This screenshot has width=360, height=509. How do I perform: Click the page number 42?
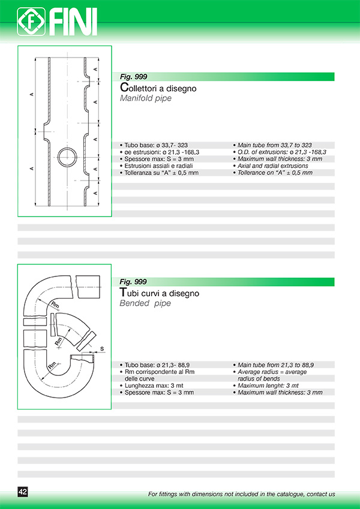(x=23, y=492)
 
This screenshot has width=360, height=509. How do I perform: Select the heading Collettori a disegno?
(x=158, y=88)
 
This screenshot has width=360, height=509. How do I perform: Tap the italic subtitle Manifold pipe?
(x=146, y=98)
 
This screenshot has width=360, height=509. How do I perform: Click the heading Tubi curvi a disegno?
(x=160, y=293)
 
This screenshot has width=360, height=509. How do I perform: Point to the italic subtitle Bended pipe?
(x=145, y=303)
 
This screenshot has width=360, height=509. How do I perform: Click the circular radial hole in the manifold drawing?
(x=65, y=158)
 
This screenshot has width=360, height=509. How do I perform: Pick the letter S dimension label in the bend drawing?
(x=101, y=348)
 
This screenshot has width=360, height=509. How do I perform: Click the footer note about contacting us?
(x=241, y=494)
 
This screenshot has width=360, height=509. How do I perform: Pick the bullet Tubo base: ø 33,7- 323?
(x=154, y=146)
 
